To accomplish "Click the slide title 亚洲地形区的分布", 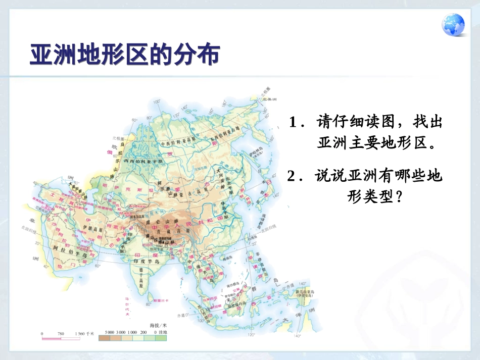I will coord(124,55).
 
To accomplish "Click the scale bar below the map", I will coord(60,338).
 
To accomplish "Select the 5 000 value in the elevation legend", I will coord(110,332).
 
